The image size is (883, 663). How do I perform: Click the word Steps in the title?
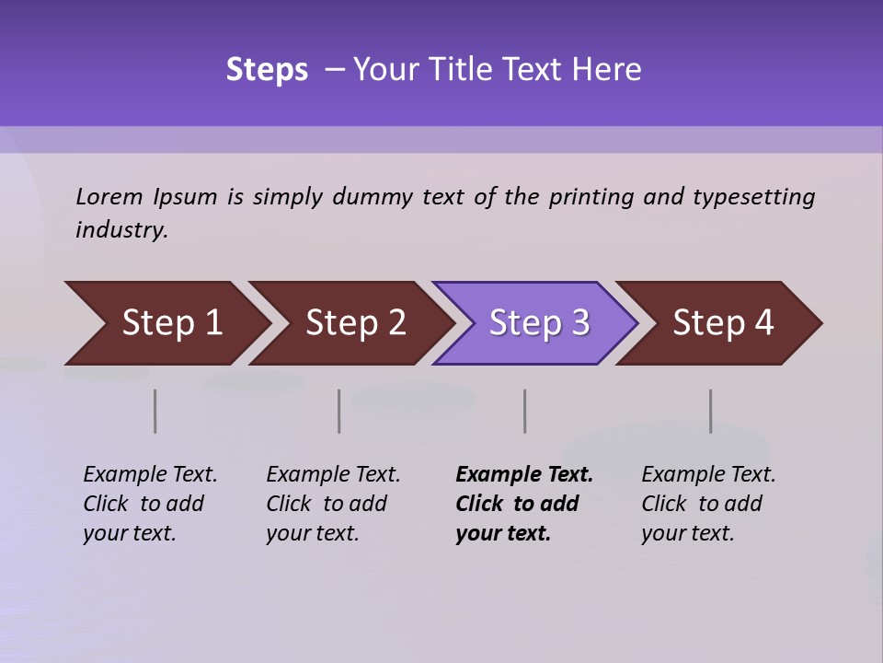click(267, 70)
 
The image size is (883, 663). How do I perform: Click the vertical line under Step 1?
click(155, 411)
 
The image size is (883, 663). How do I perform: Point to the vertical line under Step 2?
click(339, 411)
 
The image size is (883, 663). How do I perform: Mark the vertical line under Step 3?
click(525, 411)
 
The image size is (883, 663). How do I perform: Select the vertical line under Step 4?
click(711, 411)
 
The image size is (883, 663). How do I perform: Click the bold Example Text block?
click(523, 504)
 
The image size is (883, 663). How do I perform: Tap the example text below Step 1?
click(150, 504)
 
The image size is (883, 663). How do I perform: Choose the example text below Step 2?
click(333, 504)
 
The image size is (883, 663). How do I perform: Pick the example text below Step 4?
click(708, 504)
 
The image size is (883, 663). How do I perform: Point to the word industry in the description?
click(121, 230)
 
